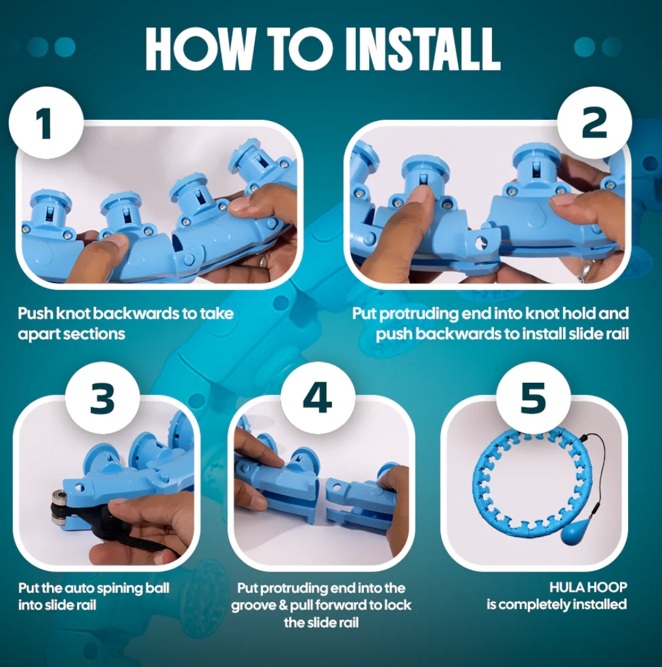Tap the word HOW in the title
pyautogui.click(x=199, y=49)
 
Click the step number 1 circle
pyautogui.click(x=46, y=123)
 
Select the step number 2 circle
pyautogui.click(x=594, y=123)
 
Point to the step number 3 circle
pyautogui.click(x=102, y=398)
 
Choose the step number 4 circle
pyautogui.click(x=318, y=398)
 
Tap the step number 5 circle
pyautogui.click(x=533, y=398)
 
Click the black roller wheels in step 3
pyautogui.click(x=59, y=508)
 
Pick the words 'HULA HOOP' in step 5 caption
pyautogui.click(x=588, y=587)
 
